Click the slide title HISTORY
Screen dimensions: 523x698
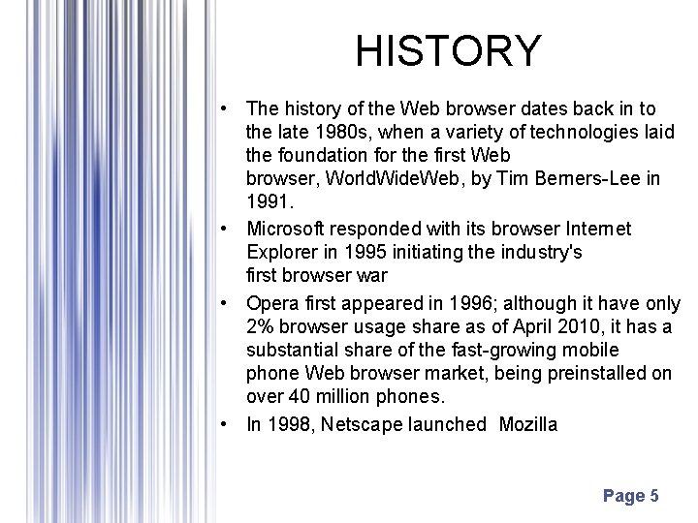click(448, 50)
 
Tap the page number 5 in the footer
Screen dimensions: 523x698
click(654, 496)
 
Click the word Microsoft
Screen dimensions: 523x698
click(286, 229)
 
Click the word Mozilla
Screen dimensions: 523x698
click(528, 424)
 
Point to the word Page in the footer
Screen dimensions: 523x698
click(622, 496)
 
